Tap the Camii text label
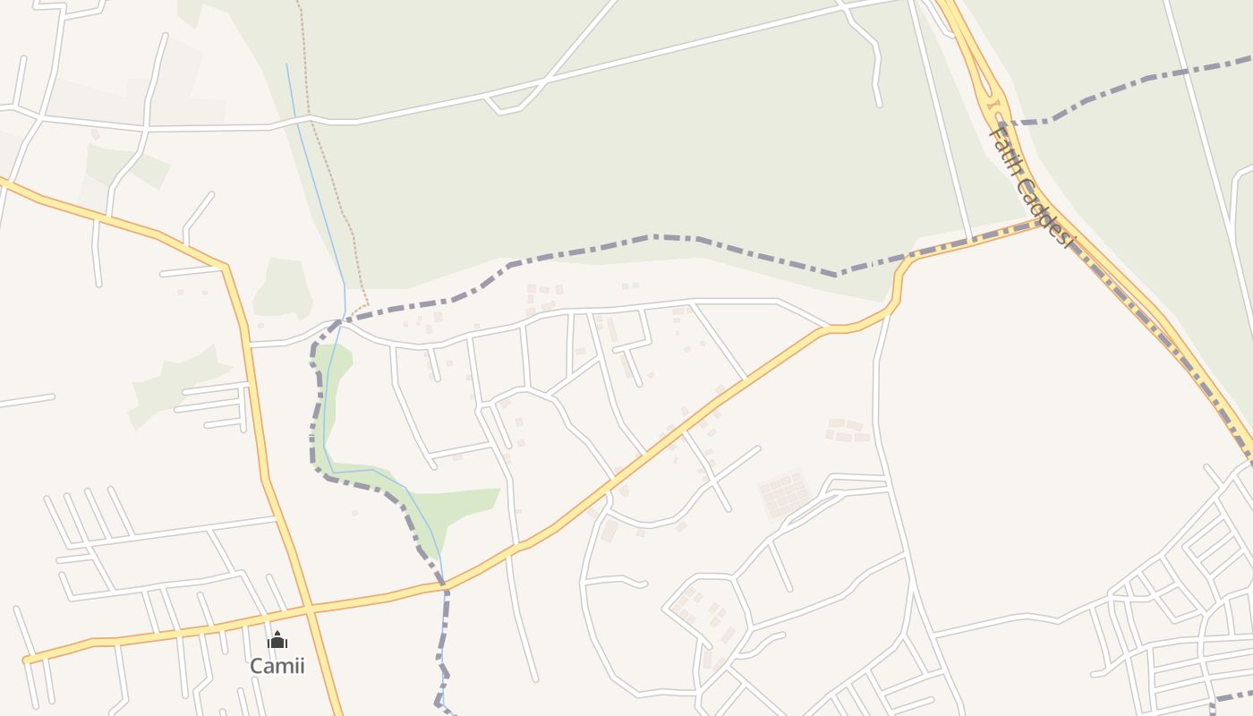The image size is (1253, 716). point(277,666)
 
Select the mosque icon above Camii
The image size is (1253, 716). point(277,640)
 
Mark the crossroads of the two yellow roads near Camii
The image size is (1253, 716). point(309,609)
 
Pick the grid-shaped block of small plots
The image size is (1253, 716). point(784,495)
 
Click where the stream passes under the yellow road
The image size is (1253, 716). point(442,587)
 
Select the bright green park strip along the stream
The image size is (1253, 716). point(447,506)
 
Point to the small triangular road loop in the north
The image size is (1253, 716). point(503,104)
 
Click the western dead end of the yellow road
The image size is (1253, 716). point(27,661)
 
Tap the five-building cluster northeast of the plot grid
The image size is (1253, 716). point(846,430)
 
